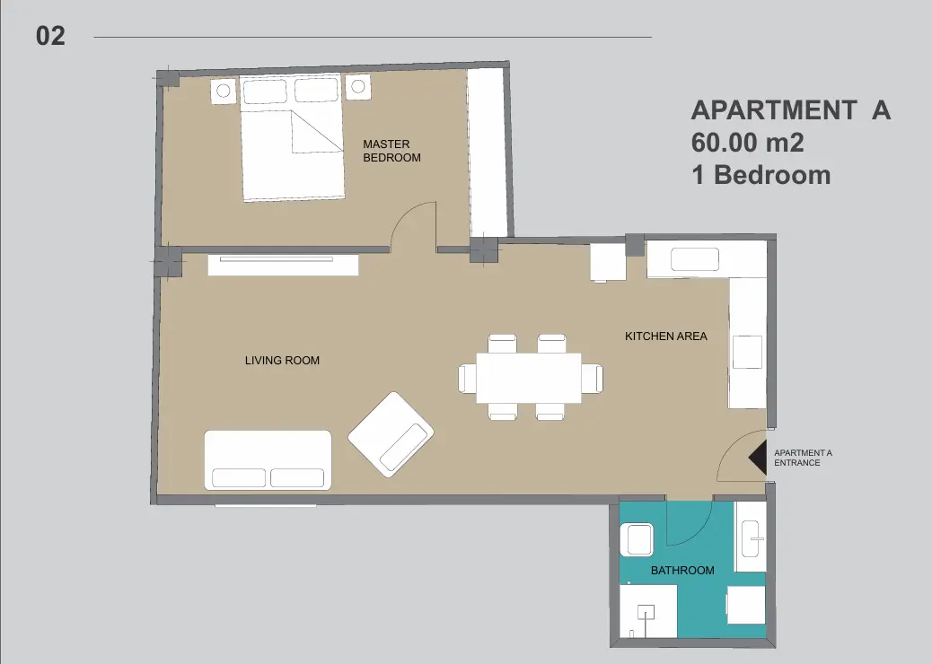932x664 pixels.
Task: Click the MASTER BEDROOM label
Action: [391, 151]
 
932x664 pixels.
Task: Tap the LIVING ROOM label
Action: [282, 361]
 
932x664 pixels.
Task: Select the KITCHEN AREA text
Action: [665, 336]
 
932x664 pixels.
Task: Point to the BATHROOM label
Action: [682, 570]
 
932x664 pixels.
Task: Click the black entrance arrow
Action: [759, 458]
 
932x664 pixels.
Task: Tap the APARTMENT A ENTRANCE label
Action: [803, 458]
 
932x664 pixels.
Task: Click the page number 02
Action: [50, 36]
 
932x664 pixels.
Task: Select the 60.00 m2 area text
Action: [748, 143]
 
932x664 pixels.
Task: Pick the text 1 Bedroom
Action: [761, 175]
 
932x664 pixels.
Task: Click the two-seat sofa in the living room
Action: [268, 460]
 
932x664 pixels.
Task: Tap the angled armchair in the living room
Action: [391, 434]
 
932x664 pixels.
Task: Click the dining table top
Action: [529, 378]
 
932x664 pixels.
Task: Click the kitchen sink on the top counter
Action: [695, 259]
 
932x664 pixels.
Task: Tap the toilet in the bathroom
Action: [637, 540]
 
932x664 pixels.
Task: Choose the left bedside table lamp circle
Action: [223, 91]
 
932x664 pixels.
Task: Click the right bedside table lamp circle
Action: [358, 87]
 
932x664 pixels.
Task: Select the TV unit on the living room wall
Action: [283, 265]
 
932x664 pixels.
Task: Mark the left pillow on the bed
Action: [265, 92]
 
